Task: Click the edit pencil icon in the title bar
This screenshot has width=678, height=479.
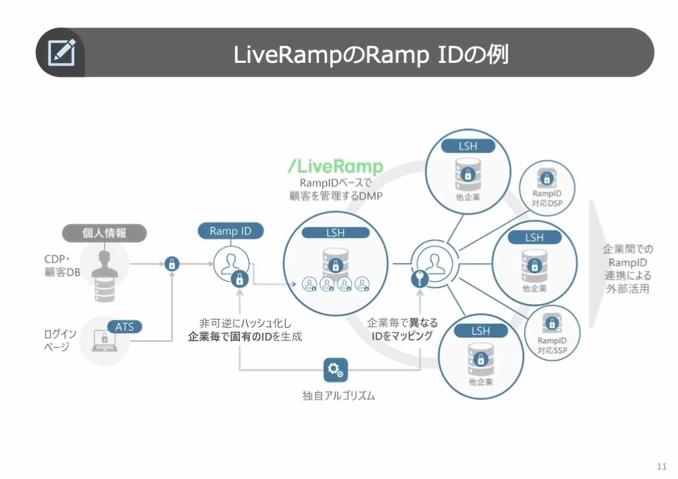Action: coord(61,53)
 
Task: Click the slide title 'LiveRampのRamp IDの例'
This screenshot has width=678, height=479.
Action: coord(371,55)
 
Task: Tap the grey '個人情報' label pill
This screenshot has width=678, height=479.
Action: coord(104,233)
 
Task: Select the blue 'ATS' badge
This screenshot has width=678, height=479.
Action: coord(124,327)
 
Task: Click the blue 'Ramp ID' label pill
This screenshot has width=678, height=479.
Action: coord(231,231)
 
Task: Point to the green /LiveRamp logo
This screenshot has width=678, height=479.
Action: coord(336,166)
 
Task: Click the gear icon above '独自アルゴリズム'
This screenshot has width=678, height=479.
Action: coord(336,370)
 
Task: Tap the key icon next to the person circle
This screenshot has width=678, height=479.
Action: coord(420,279)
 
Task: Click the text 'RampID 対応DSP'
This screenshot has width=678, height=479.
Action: coord(547,198)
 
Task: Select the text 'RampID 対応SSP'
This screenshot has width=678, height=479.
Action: coord(552,345)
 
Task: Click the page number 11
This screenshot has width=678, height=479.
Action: coord(661,466)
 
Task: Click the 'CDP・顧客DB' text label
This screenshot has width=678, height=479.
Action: coord(62,265)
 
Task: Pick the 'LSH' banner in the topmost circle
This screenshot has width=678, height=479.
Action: coord(468,146)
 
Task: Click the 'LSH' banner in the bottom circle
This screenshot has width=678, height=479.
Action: coord(481,331)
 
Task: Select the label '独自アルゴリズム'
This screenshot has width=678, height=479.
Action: coord(338,396)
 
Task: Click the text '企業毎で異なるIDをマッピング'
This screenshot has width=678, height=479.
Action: coord(402,329)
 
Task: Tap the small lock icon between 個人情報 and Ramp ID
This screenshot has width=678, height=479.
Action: coord(172,264)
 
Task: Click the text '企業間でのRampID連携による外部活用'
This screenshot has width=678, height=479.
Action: coord(627,269)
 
